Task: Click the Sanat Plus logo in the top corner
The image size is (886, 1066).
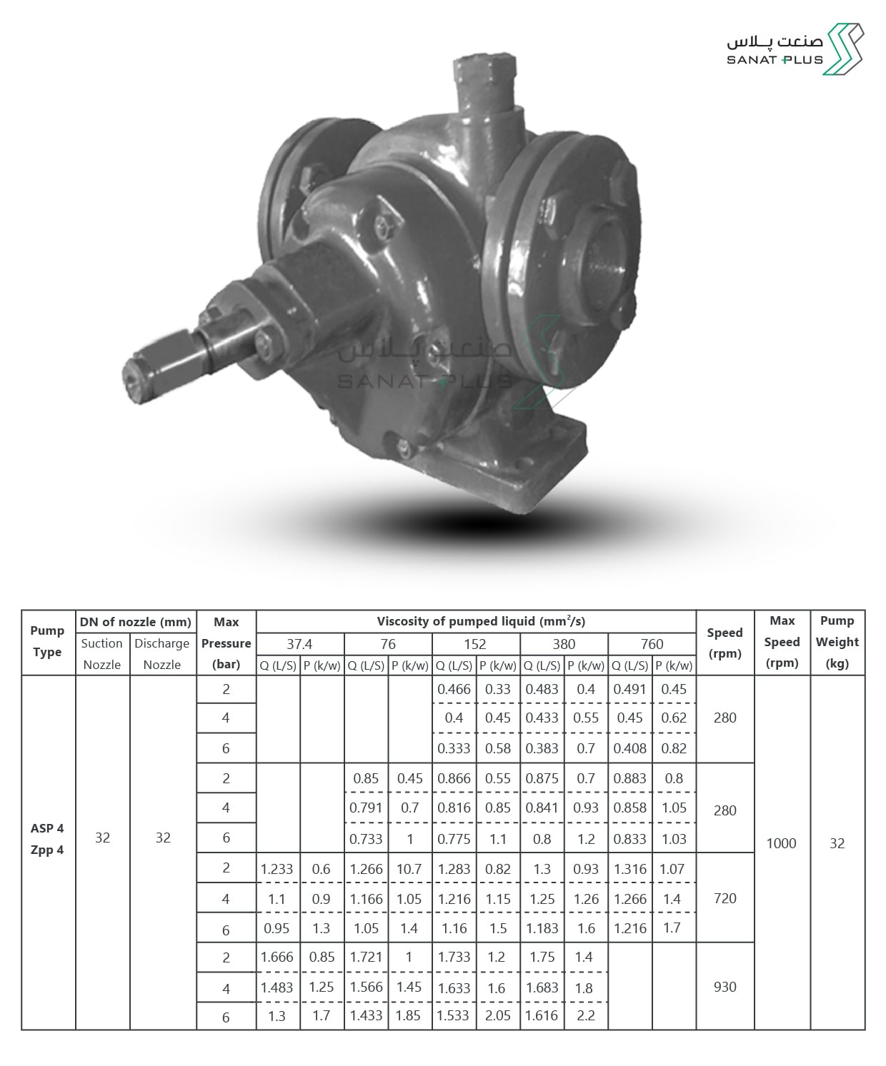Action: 795,49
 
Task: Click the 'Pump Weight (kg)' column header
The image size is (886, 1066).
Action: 837,642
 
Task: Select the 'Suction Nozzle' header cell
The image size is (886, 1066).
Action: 101,654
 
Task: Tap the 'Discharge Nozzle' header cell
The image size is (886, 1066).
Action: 162,654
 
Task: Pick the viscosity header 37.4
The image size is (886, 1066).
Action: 299,644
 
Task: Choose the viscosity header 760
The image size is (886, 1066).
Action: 652,644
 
